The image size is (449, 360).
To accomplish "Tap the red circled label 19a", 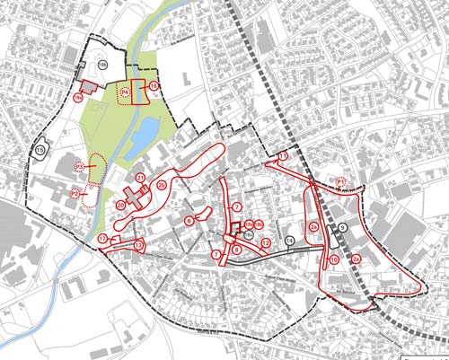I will tap(77, 95).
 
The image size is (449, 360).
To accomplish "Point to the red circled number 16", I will tap(154, 86).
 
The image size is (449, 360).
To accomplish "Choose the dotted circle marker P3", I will tap(80, 167).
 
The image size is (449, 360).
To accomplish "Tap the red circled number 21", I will tap(141, 178).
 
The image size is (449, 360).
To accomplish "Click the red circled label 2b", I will tap(162, 185).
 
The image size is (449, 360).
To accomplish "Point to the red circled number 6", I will tap(189, 219).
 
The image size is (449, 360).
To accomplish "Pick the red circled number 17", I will tap(103, 238).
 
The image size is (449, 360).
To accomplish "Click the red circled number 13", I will tap(138, 244).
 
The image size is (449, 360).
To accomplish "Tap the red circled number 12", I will tap(267, 242).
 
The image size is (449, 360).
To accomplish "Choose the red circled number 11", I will tap(282, 156).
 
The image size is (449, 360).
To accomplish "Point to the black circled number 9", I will tap(342, 228).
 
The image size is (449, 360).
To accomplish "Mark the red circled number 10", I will tap(333, 259).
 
